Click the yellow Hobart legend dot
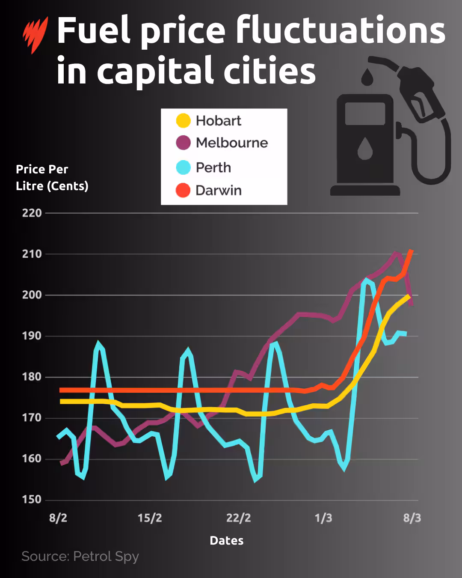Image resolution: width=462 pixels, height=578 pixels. click(183, 121)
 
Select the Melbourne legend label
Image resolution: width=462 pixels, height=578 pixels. click(231, 143)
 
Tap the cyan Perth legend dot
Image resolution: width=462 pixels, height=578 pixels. click(183, 167)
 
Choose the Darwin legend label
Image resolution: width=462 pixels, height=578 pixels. click(218, 191)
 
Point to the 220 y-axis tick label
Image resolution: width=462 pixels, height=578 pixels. click(32, 213)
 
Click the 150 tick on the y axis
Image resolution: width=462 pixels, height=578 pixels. click(32, 500)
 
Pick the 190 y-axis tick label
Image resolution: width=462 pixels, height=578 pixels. click(32, 336)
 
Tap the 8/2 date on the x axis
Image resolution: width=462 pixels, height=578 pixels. click(58, 518)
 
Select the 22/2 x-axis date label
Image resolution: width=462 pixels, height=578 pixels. click(238, 518)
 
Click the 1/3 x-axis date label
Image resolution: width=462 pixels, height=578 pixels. click(323, 518)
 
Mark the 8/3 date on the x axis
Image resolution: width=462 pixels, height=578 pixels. click(412, 518)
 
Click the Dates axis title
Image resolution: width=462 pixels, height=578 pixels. click(226, 541)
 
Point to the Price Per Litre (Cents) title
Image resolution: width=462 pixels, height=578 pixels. click(52, 178)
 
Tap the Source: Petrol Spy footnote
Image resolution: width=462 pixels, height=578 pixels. click(80, 556)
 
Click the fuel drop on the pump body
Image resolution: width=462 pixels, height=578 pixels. click(365, 148)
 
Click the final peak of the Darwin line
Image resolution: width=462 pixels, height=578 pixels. click(411, 250)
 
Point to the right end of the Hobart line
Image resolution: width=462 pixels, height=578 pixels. click(409, 295)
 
